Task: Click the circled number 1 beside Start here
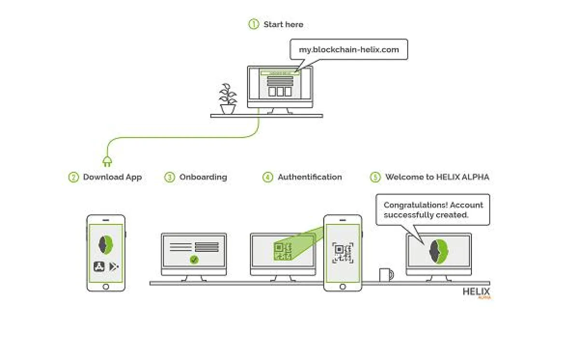coord(254,24)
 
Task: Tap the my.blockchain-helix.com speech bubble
coord(348,49)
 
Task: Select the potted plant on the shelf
coord(228,99)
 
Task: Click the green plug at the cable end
coord(107,162)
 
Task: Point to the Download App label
coord(112,177)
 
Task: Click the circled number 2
coord(73,177)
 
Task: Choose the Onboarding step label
coord(203,177)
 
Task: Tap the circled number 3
coord(169,177)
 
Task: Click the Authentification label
coord(310,177)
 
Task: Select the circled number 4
coord(268,177)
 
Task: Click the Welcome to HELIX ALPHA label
coord(437,177)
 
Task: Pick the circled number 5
coord(375,177)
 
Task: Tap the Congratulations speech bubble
coord(433,209)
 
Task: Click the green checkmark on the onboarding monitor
coord(194,260)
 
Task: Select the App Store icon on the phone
coord(99,266)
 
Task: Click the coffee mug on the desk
coord(386,275)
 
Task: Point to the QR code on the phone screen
coord(343,253)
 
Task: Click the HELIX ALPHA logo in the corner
coord(476,292)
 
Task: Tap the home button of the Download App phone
coord(106,287)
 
